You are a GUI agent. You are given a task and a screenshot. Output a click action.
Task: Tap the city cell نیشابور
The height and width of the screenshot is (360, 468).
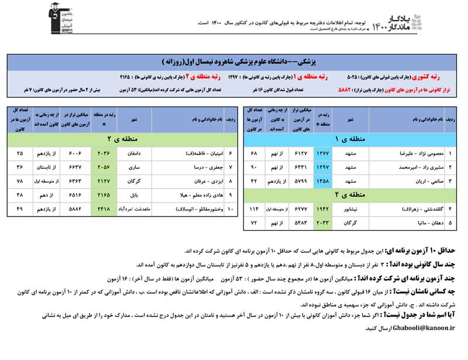click(x=351, y=208)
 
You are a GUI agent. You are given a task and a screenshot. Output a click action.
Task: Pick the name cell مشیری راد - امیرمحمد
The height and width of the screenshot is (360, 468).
click(x=416, y=167)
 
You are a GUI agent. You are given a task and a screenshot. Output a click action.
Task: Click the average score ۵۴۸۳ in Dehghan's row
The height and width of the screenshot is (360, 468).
click(x=297, y=222)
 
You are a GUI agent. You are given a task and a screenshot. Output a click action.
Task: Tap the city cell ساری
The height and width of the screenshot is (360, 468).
click(x=134, y=167)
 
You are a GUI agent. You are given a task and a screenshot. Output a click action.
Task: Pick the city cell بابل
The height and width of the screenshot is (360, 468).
click(x=134, y=194)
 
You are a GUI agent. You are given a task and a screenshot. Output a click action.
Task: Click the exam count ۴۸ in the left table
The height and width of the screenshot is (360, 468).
click(x=20, y=194)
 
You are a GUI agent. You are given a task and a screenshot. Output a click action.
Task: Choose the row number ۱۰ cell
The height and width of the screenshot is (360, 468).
click(x=232, y=208)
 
